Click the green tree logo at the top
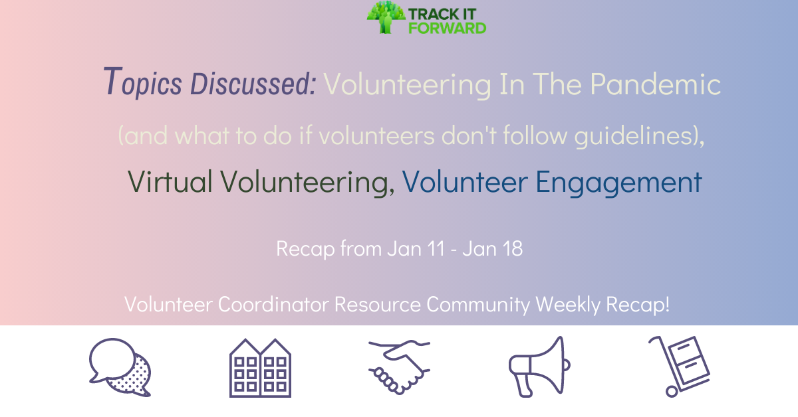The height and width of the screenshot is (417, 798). coord(386,17)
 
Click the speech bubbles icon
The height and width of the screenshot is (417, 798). coord(120,367)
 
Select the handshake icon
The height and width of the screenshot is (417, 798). coord(399,367)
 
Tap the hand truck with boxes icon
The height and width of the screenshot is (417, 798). coord(678,365)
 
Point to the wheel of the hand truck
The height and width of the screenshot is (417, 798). coord(672,391)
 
